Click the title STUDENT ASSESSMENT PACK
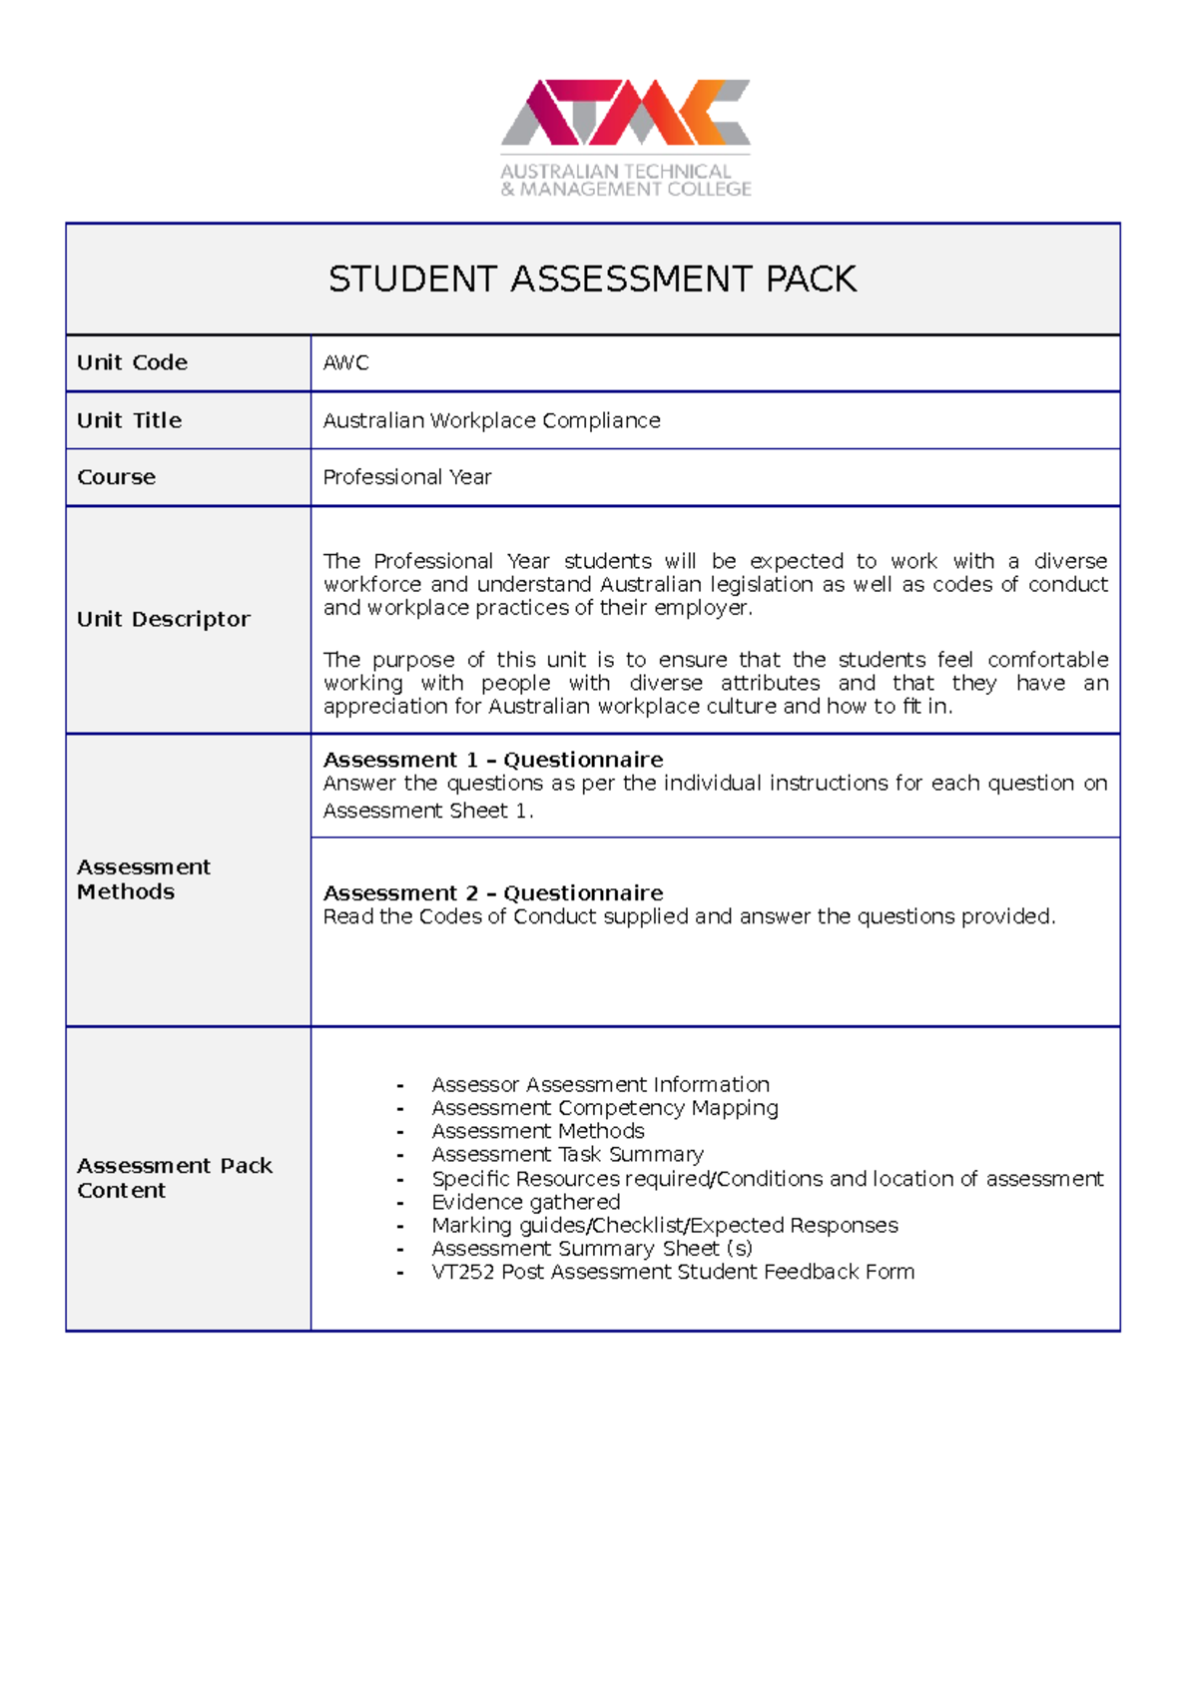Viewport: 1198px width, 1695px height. [x=592, y=280]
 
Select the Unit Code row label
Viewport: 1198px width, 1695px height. [x=132, y=362]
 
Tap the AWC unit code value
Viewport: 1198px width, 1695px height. [x=345, y=362]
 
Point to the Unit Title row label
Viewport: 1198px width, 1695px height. [x=129, y=420]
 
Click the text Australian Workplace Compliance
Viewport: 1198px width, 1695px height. [x=491, y=420]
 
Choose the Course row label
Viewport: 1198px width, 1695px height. [x=116, y=477]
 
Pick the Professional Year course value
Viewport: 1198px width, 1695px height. [x=406, y=477]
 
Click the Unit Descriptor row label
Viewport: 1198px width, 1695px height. [x=163, y=619]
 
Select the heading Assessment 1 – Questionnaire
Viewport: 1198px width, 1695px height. [x=492, y=760]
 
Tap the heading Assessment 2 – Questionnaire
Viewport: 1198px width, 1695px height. [x=492, y=892]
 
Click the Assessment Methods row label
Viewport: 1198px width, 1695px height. [x=143, y=878]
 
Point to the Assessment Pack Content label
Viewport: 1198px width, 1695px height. [x=174, y=1177]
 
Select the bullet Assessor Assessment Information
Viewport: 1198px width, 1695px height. [x=600, y=1084]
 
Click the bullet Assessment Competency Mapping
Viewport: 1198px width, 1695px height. [x=604, y=1108]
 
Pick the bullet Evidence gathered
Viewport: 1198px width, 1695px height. [x=525, y=1202]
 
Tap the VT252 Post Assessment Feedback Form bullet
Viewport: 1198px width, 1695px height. [x=672, y=1272]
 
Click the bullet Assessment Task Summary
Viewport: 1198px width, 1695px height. [x=567, y=1155]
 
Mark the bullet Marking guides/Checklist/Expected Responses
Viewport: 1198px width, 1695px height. [x=664, y=1225]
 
